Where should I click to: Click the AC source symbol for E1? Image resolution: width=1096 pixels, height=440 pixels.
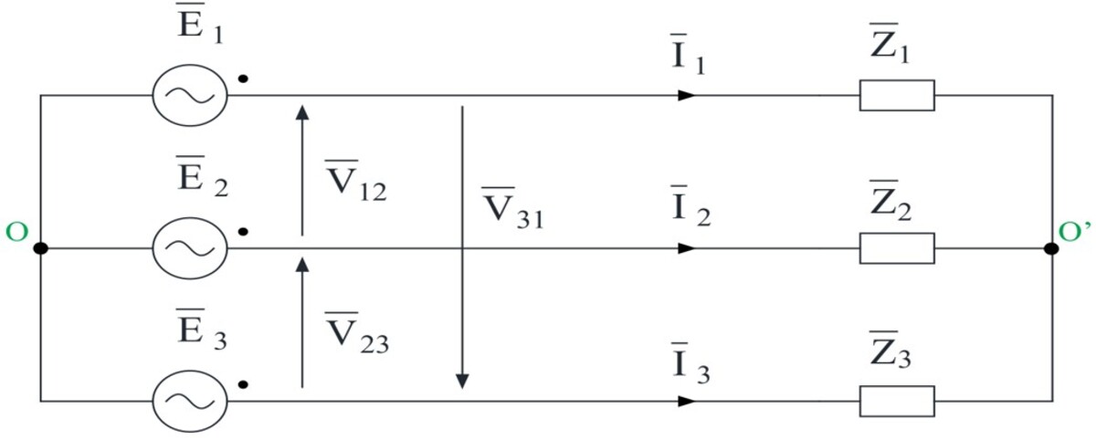190,95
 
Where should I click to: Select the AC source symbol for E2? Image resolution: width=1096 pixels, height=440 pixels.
190,248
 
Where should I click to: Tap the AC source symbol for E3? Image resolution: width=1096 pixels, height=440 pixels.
190,402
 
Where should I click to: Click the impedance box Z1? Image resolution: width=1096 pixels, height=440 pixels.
897,95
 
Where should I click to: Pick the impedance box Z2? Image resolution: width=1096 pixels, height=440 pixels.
897,248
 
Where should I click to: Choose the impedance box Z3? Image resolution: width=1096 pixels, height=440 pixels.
897,402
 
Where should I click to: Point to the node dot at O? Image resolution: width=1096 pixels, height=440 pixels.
40,248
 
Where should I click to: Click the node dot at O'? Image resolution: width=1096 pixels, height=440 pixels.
1051,248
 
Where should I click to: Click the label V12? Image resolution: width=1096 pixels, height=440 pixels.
356,181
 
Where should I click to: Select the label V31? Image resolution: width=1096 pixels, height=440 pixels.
512,208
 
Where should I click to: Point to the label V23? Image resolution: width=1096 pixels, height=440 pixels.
357,333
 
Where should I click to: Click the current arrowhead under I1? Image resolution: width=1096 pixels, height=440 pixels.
687,95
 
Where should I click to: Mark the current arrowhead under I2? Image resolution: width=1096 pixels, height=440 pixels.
687,248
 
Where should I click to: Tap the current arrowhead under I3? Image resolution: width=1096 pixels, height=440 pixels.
687,402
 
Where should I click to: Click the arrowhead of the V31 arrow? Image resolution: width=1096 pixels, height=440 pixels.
462,382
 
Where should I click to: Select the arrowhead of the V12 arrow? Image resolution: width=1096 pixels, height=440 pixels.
302,112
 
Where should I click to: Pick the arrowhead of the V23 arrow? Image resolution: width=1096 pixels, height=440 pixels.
302,265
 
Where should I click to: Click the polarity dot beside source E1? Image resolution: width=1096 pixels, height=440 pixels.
243,79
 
